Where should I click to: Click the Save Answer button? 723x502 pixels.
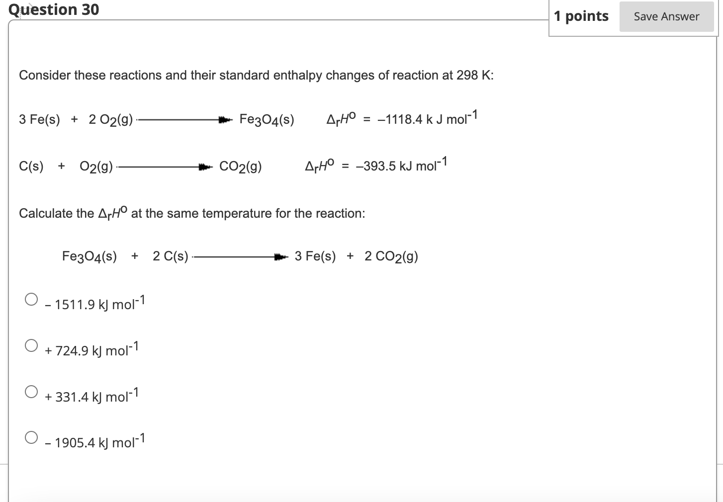coord(666,17)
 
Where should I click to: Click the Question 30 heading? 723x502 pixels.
coord(54,9)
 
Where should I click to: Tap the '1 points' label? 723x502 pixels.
coord(581,16)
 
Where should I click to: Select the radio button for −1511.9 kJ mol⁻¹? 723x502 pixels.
coord(31,299)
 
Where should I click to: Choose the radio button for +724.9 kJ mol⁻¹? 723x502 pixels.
coord(31,345)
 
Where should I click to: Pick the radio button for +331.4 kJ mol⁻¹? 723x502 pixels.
coord(31,392)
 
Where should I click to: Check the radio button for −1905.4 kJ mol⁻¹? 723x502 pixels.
coord(31,437)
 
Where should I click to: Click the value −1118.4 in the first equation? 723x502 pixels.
coord(400,119)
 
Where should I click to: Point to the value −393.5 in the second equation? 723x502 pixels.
coord(376,166)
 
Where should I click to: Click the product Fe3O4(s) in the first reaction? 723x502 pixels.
coord(267,120)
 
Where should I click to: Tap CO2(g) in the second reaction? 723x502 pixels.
coord(241,167)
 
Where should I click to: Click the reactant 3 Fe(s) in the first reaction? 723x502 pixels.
coord(39,120)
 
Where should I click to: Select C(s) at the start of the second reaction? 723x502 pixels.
coord(31,167)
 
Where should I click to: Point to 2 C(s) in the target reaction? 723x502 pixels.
coord(171,256)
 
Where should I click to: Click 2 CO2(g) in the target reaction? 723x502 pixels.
coord(391,256)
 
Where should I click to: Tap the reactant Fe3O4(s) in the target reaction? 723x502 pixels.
coord(90,256)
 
